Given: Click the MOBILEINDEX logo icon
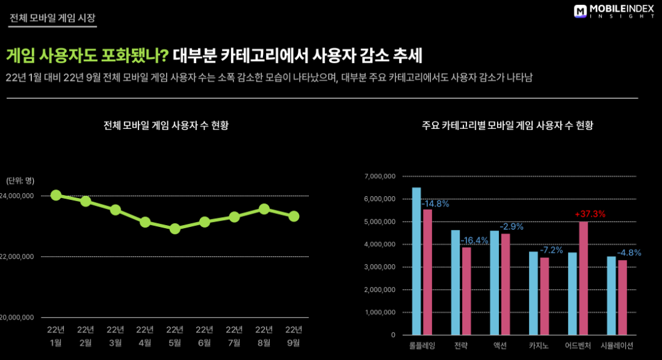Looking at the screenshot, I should (x=580, y=11).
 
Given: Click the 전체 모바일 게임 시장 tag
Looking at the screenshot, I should (x=52, y=18).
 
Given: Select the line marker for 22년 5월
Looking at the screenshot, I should (x=175, y=229).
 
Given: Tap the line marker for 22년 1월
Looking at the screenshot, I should (x=56, y=195).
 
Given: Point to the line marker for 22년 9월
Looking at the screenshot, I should (x=294, y=216).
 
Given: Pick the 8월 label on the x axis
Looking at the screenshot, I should (x=264, y=342).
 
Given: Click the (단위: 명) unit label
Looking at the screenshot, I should (x=20, y=180).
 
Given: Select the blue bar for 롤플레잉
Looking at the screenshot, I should (x=416, y=261).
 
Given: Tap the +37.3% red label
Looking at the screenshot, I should (x=590, y=214).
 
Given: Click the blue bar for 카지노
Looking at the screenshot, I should (x=533, y=293).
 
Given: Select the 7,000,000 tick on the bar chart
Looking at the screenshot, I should (x=381, y=177).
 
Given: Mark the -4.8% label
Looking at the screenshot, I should (x=628, y=253).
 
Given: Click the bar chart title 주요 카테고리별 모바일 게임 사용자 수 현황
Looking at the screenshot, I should (x=507, y=126).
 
